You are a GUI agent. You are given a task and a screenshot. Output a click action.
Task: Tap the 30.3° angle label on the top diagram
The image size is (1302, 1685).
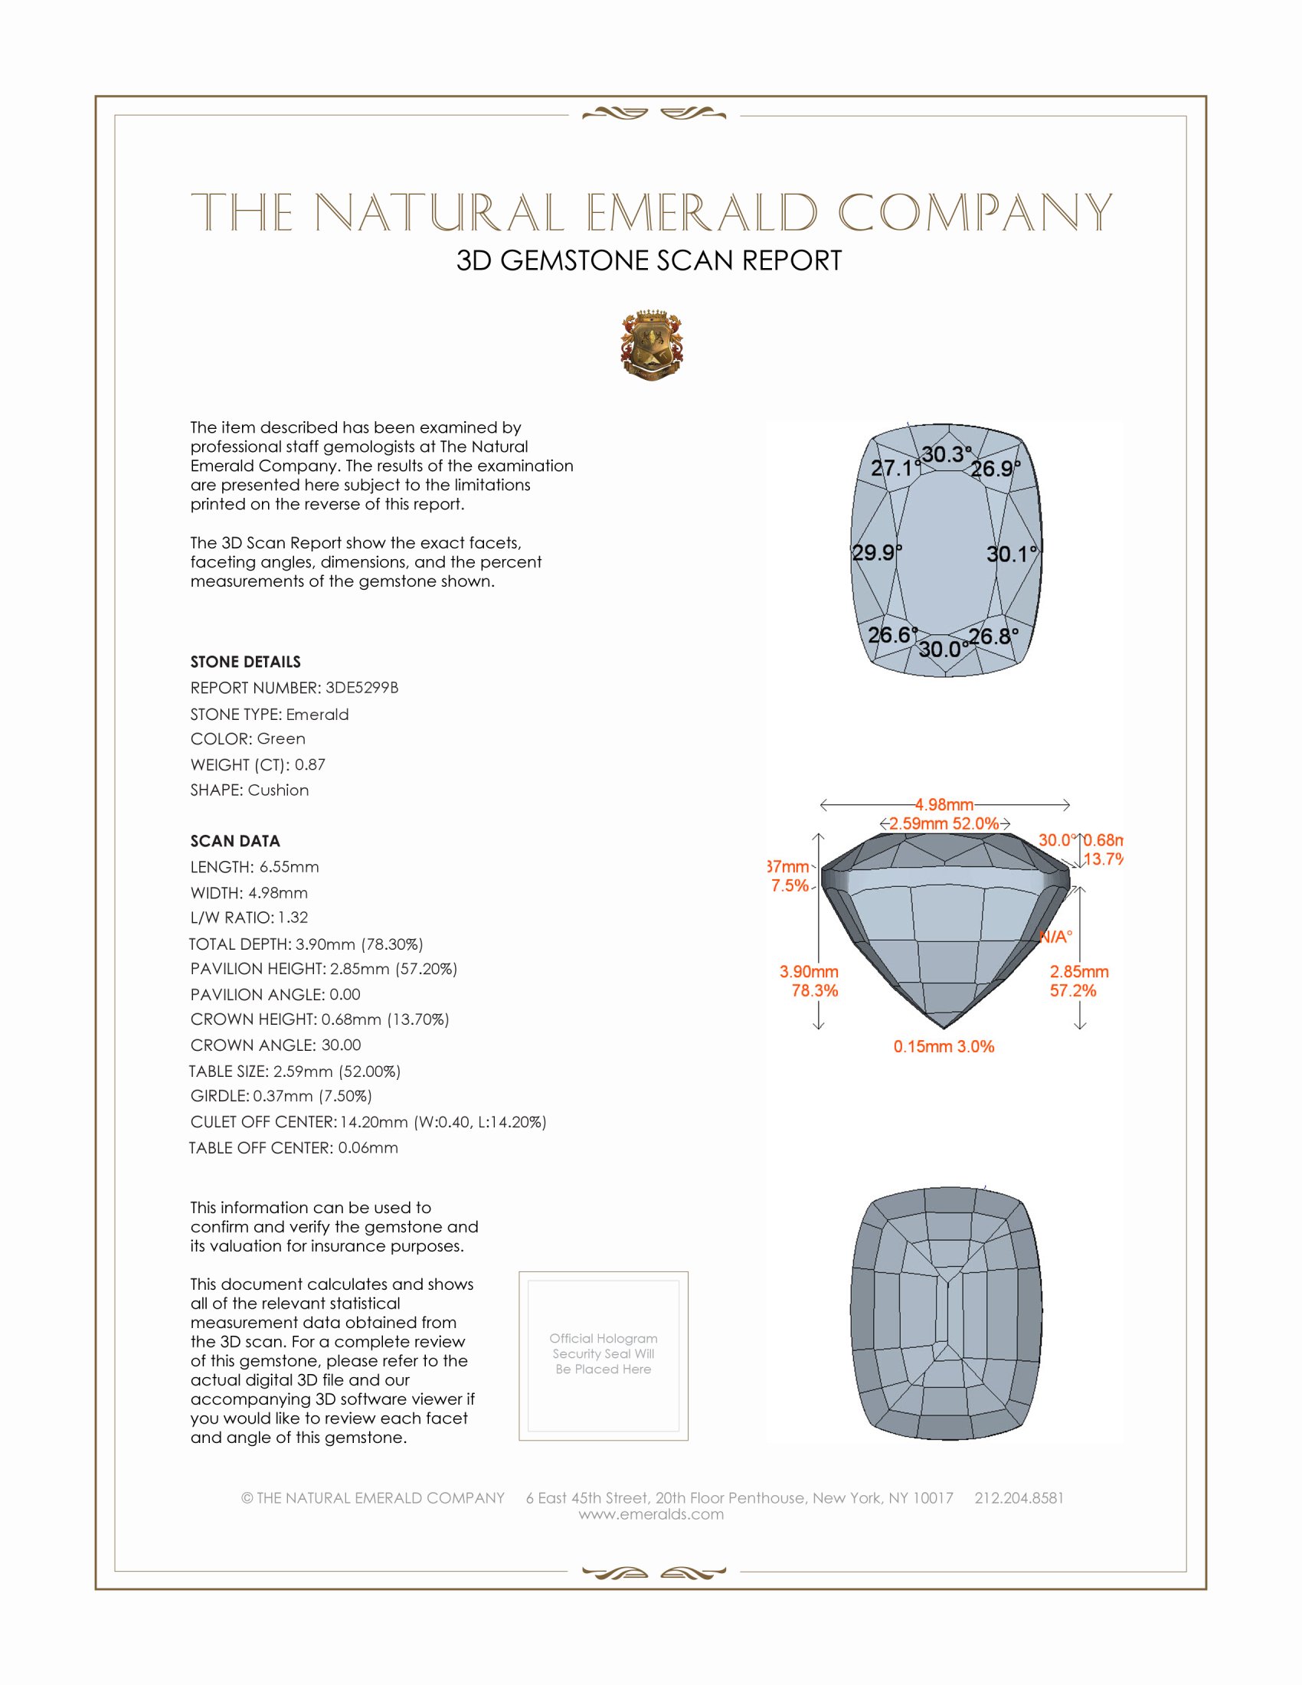(947, 454)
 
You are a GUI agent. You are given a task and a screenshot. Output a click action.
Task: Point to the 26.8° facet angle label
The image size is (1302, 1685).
(993, 636)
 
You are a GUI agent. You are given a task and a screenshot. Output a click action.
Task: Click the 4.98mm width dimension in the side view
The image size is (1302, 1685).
(944, 805)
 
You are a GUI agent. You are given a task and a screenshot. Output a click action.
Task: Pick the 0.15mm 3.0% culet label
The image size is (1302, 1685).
(944, 1047)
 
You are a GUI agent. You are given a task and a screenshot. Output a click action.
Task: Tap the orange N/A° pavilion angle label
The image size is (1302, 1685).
(1055, 937)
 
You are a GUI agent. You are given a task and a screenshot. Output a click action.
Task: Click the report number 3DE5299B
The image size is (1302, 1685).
(361, 688)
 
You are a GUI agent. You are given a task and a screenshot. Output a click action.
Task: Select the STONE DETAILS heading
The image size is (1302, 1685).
(245, 662)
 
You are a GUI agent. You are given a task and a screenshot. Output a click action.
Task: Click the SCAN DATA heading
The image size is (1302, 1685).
(235, 841)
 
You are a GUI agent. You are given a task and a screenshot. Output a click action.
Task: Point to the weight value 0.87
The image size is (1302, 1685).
(310, 764)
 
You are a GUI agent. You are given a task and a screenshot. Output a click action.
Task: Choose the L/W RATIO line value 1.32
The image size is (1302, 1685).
(293, 918)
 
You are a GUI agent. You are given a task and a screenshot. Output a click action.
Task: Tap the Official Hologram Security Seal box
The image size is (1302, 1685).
(604, 1356)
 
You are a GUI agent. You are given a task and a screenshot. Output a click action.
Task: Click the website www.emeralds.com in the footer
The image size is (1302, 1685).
(651, 1513)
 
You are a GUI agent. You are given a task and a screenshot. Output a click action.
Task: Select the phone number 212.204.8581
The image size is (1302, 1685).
(1019, 1497)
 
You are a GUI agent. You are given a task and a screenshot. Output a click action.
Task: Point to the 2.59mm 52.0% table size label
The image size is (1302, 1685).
(944, 823)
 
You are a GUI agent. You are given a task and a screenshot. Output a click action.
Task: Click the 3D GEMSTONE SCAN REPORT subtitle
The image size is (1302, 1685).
(649, 260)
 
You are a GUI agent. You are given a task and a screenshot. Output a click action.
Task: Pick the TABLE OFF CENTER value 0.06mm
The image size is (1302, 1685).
(368, 1147)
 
